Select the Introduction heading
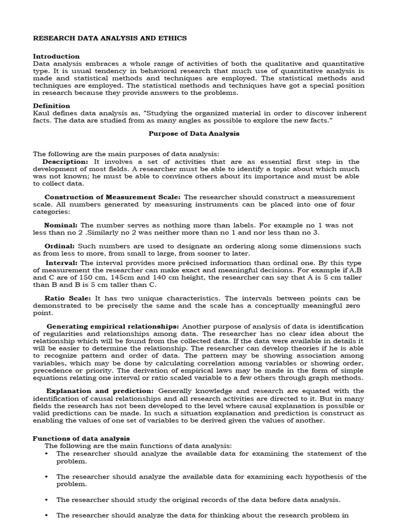[56, 56]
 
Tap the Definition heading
[51, 106]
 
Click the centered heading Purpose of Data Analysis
[194, 133]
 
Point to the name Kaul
[42, 113]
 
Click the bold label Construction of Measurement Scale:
[112, 197]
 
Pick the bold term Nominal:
[61, 225]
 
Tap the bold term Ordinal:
[60, 246]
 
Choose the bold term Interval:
[62, 263]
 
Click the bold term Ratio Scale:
[68, 298]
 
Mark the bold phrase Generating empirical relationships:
[113, 326]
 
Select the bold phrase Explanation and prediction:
[100, 390]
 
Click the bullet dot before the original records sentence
[47, 500]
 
